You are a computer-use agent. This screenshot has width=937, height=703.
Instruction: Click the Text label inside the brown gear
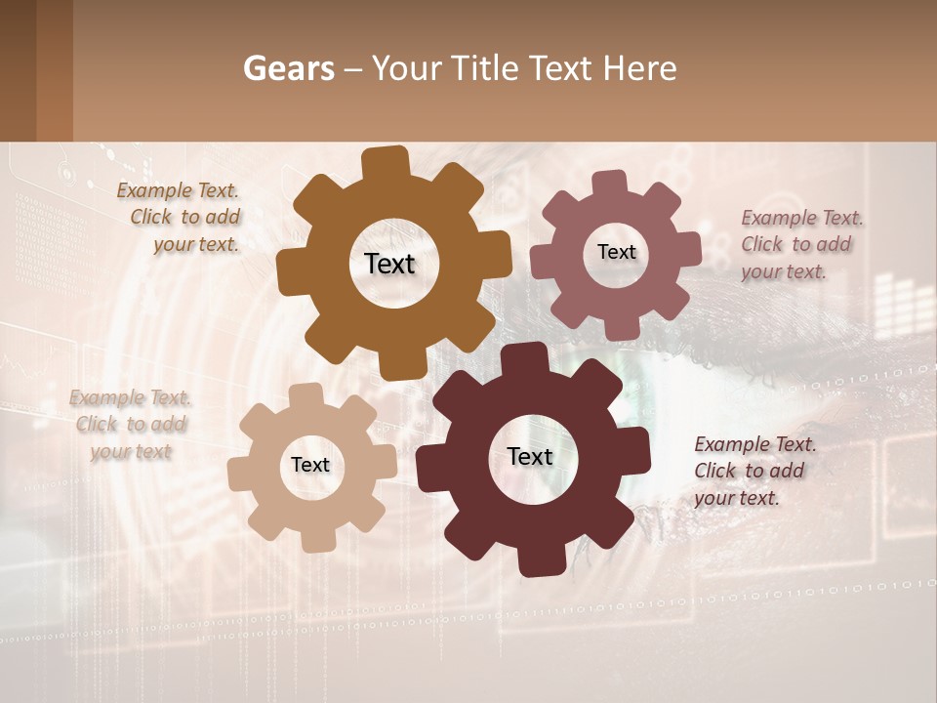pos(389,264)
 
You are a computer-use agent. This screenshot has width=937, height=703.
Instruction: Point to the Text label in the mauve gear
pos(616,252)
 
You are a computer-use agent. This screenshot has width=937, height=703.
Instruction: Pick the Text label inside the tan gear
pos(310,465)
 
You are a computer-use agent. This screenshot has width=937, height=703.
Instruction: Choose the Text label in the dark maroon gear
pos(530,456)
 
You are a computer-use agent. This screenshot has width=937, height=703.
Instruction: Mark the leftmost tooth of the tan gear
pos(238,475)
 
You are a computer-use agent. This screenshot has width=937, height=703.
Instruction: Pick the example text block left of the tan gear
pos(131,425)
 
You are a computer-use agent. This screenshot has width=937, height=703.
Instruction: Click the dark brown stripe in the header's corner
pos(19,70)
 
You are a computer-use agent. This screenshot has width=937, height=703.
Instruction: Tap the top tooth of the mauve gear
pos(610,183)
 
